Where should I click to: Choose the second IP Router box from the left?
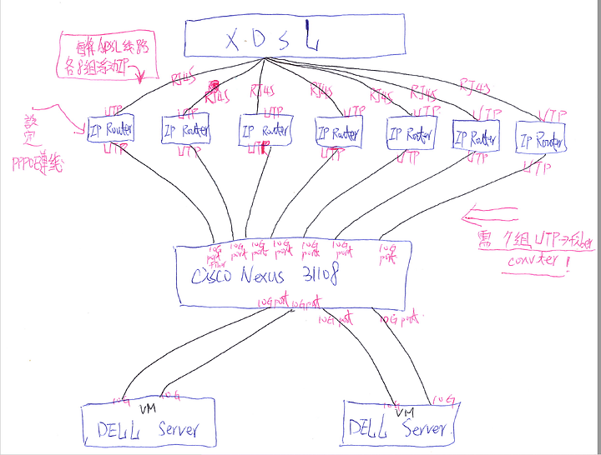point(185,130)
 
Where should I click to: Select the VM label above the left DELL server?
point(147,409)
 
